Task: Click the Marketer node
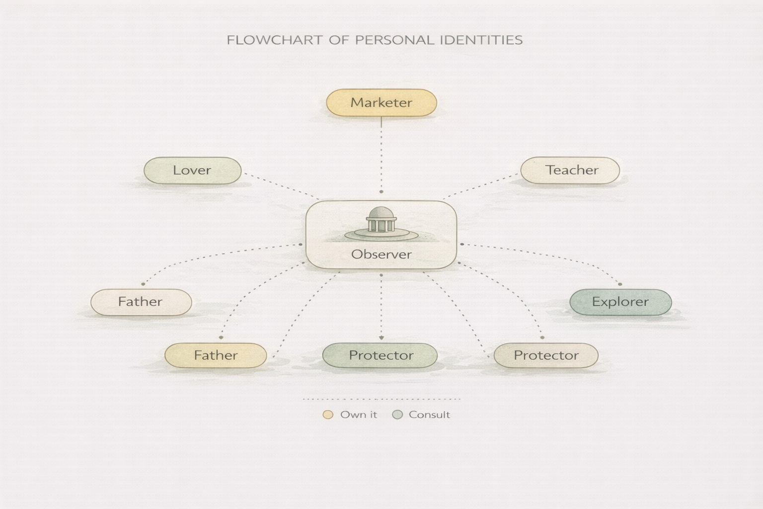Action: point(381,103)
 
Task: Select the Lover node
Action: point(192,170)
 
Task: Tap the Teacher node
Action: point(570,170)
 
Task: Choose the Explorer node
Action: point(620,302)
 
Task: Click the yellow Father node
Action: point(216,355)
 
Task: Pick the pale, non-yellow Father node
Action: point(141,302)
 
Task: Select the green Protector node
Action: point(380,355)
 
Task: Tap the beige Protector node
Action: point(546,355)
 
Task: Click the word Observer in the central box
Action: point(381,254)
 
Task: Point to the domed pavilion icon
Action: point(381,222)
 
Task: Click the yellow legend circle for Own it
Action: point(328,415)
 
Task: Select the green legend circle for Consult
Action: point(397,415)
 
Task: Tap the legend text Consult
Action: point(429,415)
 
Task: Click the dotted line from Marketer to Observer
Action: point(381,154)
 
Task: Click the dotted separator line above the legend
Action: point(381,399)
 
